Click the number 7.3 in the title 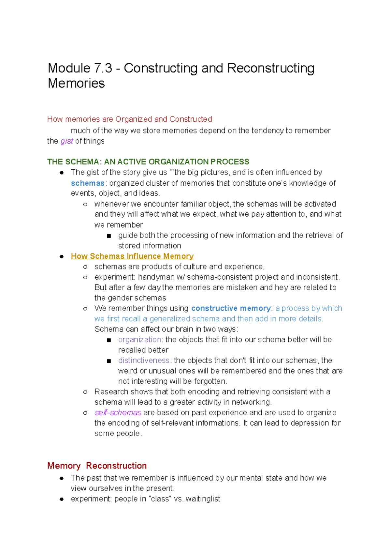[103, 68]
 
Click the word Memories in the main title [76, 83]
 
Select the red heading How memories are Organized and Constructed [129, 119]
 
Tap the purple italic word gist [67, 141]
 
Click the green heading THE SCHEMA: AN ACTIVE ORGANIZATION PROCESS [148, 162]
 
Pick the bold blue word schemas [87, 183]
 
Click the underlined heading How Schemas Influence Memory [132, 256]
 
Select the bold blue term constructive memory [231, 308]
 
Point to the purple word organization [140, 340]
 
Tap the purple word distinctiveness [144, 361]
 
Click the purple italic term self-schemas [118, 413]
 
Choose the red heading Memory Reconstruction [97, 466]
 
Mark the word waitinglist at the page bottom [203, 499]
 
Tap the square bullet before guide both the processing [109, 236]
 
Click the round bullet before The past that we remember [62, 478]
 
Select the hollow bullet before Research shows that [85, 392]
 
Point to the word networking [251, 402]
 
